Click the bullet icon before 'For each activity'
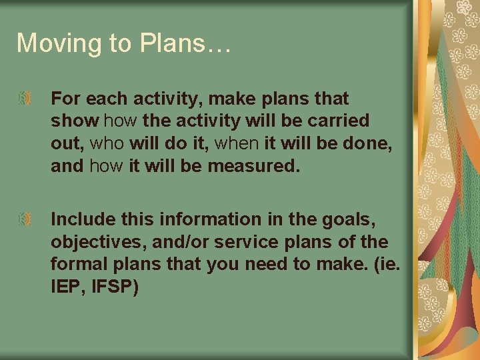pos(23,99)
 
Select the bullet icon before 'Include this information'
pos(23,219)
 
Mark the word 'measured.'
pos(254,165)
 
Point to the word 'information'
pos(197,219)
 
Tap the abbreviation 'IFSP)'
pos(114,286)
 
